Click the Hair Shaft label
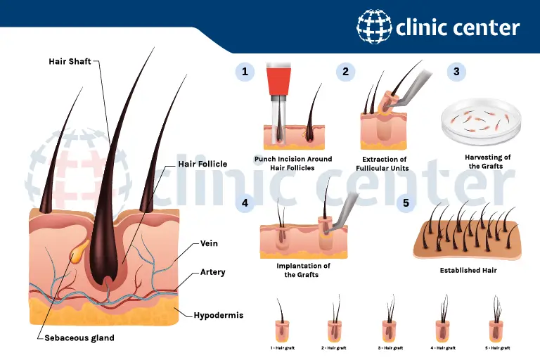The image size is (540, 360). coord(70,61)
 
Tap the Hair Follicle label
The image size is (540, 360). coord(202,164)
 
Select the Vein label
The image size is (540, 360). coord(209,243)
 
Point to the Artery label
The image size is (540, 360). coord(213,272)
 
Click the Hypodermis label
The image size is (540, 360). coord(219,315)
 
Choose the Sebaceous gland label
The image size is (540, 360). coord(79,338)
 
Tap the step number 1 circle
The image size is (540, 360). coord(245,72)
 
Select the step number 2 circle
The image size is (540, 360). coord(345,72)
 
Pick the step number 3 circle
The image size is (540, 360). coord(456,72)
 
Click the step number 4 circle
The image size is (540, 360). coord(245,202)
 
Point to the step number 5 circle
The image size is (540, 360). coord(406,202)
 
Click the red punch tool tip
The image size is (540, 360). coord(278,80)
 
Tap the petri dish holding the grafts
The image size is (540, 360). coord(482,121)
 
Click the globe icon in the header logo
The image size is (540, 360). coord(374,27)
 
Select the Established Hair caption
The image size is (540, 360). coord(468,271)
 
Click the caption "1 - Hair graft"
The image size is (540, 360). coord(283,348)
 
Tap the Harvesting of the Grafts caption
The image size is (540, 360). coord(487,162)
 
